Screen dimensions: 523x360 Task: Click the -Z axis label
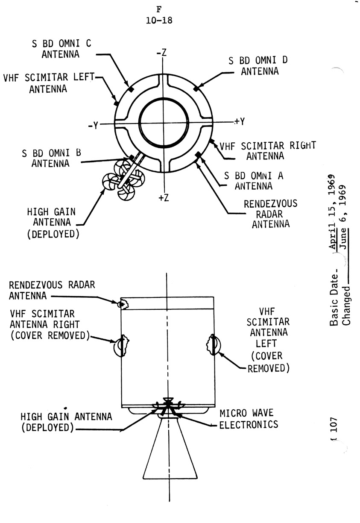click(x=161, y=53)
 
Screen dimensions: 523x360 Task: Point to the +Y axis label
click(x=239, y=121)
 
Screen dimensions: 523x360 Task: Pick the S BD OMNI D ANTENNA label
click(x=258, y=66)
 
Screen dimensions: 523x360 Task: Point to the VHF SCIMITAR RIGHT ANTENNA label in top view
click(x=267, y=150)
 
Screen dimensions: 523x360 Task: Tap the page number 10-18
click(x=159, y=20)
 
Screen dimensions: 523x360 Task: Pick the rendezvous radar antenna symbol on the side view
click(x=123, y=303)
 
